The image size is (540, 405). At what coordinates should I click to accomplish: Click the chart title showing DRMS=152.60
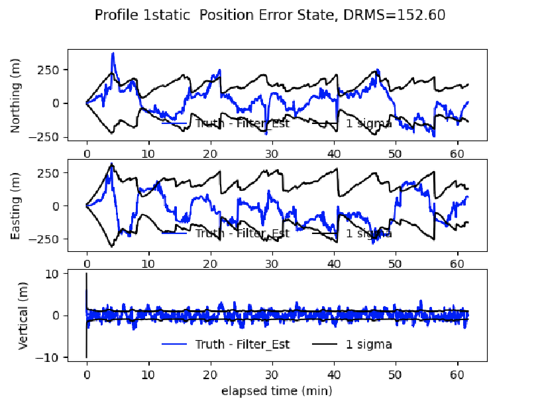coord(270,15)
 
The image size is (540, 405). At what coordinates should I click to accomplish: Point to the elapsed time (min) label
coord(276,391)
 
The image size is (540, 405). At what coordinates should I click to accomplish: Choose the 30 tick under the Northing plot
coord(271,152)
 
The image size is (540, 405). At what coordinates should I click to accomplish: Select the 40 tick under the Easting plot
coord(333,263)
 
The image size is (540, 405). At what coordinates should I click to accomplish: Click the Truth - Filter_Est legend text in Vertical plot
coord(243,344)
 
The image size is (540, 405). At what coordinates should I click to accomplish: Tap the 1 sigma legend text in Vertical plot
coord(368,344)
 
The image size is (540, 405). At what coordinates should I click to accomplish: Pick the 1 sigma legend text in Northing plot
coord(368,123)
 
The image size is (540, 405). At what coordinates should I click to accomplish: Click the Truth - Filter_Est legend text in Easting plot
coord(243,233)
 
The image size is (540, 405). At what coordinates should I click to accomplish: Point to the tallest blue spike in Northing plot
coord(113,54)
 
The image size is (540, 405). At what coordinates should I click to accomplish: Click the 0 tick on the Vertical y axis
coord(58,316)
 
